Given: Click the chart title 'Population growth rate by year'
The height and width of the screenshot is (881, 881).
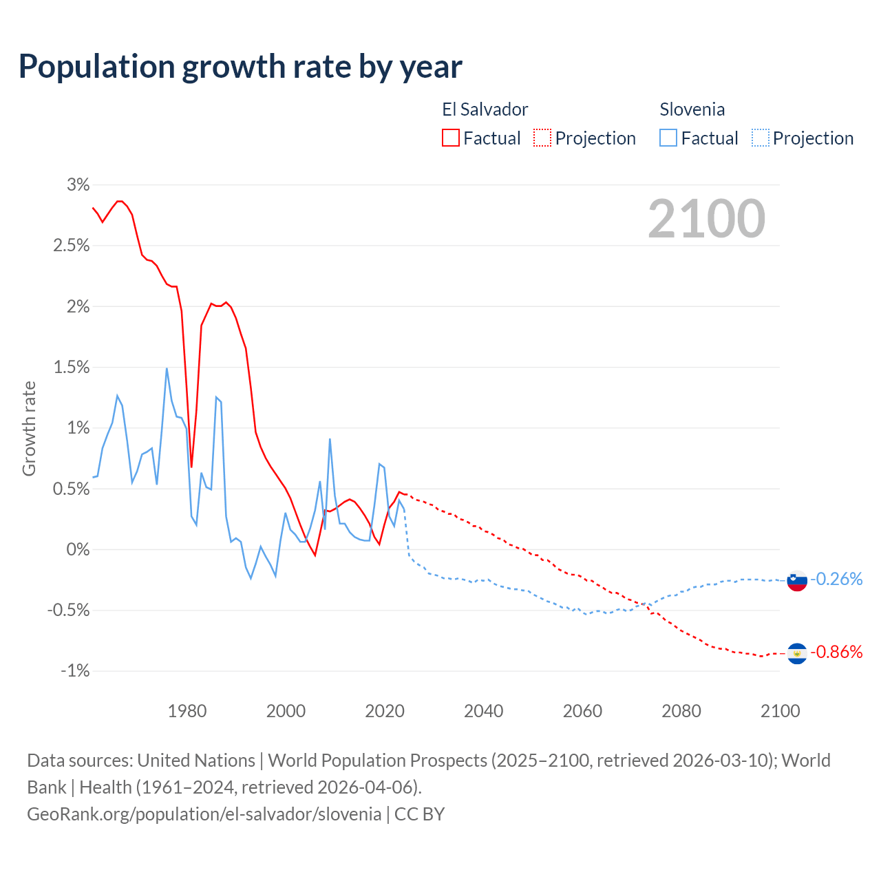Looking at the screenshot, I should tap(240, 67).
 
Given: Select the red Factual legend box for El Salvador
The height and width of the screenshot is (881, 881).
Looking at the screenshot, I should tap(451, 138).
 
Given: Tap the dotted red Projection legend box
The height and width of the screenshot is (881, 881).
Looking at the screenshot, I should tap(542, 138).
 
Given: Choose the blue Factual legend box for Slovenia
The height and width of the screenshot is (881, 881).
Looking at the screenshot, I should tap(668, 138).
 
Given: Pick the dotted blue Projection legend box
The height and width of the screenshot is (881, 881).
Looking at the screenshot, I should tap(760, 138).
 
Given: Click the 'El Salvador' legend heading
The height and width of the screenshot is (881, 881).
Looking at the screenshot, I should tap(485, 109).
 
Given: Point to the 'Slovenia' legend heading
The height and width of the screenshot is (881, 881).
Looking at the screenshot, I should tap(692, 109).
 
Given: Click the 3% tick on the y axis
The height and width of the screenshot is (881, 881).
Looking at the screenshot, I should tap(78, 184).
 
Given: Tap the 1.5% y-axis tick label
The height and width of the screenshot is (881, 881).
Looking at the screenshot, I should tap(72, 368).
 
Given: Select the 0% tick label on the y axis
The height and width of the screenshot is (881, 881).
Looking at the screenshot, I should tap(78, 550).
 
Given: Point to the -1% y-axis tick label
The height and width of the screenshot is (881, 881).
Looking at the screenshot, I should tap(75, 671).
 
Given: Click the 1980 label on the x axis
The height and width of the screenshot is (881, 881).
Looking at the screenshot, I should tap(187, 711).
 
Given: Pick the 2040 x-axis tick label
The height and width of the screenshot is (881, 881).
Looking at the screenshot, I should tap(484, 711).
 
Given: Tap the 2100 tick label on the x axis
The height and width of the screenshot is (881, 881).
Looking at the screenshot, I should tap(780, 711).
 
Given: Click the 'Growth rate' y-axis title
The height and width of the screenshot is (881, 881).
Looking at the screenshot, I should tap(29, 428).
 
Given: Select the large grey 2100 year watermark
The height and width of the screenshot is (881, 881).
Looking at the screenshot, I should tap(706, 219).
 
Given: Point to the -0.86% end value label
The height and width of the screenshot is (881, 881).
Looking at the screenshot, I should tap(836, 652).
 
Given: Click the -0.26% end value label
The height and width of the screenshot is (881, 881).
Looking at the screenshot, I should tap(836, 580).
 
